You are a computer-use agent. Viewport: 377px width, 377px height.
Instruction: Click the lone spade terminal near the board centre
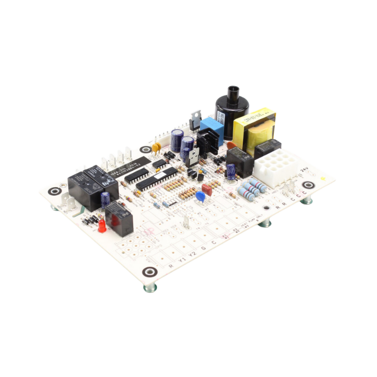pos(186,222)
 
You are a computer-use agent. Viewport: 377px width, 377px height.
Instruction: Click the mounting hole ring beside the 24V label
pos(308,185)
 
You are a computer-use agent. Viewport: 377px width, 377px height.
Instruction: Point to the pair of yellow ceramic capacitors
pos(156,149)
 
